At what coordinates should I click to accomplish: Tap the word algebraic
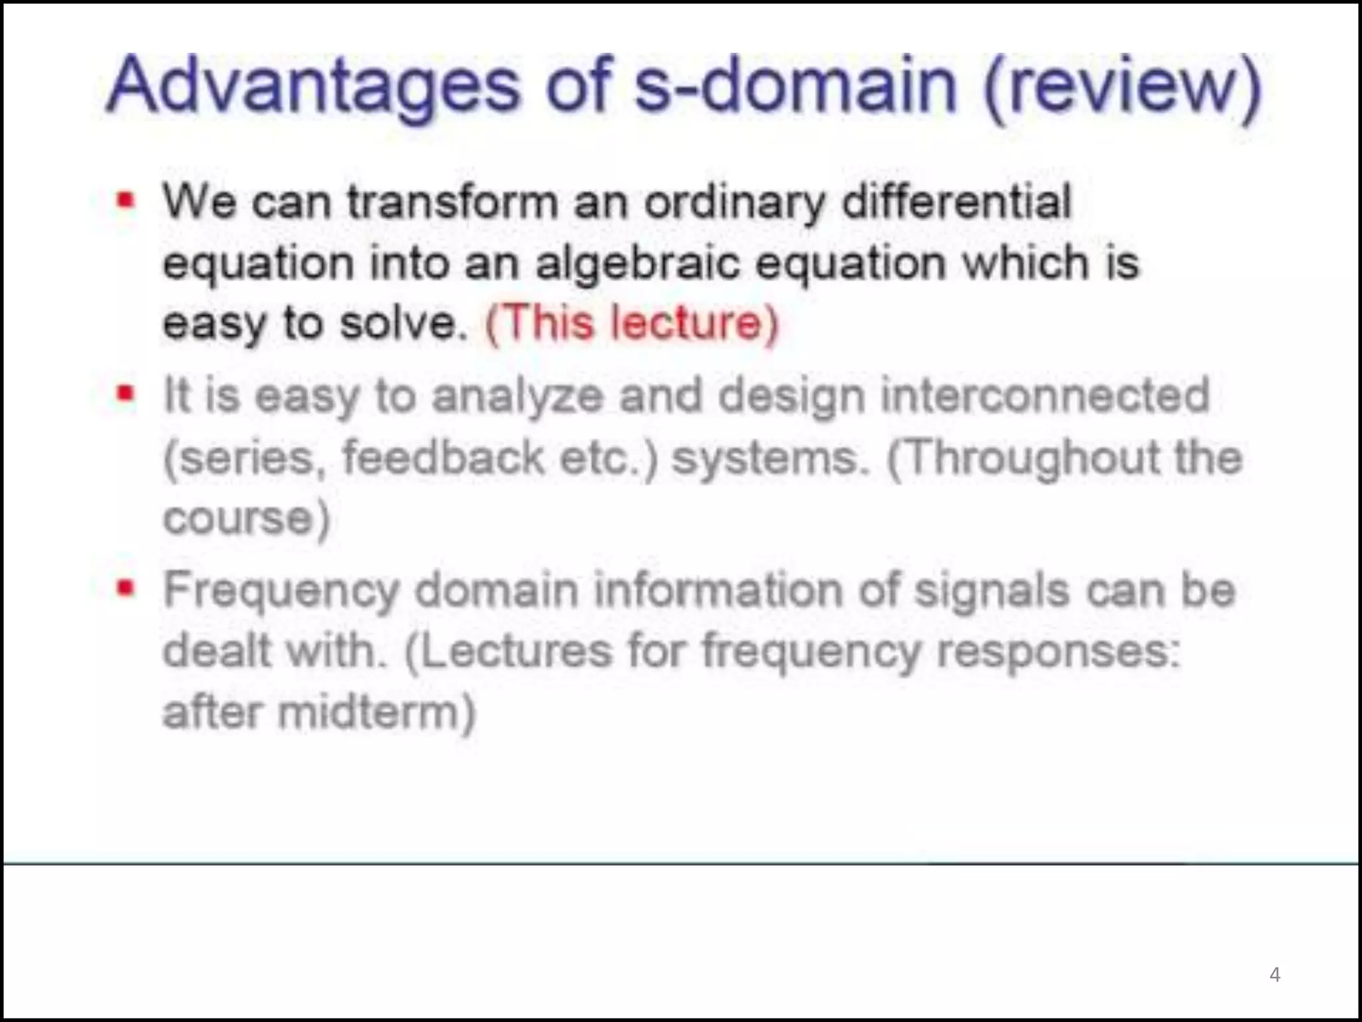tap(637, 263)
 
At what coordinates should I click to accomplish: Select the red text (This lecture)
tap(632, 323)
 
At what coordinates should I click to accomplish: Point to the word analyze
tap(518, 397)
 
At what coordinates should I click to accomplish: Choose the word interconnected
tap(1045, 395)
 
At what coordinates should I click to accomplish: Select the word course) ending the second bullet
tap(247, 519)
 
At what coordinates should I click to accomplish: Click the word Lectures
tap(508, 651)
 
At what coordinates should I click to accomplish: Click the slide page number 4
tap(1274, 975)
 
